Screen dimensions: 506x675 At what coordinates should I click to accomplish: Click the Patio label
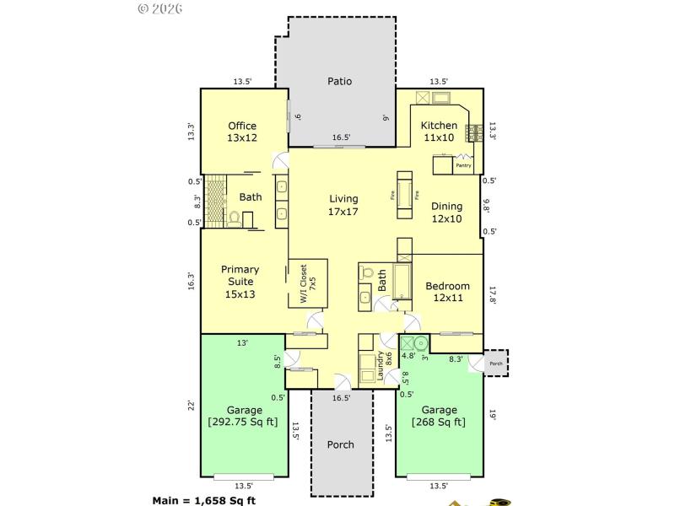point(340,82)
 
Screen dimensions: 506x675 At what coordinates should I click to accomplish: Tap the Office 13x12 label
point(242,132)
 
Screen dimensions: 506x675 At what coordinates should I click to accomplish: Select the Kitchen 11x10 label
point(440,132)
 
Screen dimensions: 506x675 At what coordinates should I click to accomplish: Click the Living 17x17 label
point(343,205)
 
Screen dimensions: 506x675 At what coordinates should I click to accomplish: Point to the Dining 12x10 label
point(446,212)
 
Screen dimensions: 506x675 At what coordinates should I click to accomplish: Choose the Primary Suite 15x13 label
point(240,282)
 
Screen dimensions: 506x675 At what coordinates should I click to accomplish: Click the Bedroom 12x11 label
point(447,292)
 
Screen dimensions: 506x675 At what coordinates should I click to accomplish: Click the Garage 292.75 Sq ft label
point(244,417)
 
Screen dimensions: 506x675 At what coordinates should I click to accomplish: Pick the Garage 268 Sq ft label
point(438,417)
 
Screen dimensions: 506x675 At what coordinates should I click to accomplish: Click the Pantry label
point(463,165)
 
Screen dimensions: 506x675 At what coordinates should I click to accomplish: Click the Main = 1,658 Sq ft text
point(203,499)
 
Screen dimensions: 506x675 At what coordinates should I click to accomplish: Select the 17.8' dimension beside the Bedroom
point(493,294)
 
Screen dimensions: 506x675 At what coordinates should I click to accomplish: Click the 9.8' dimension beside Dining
point(486,206)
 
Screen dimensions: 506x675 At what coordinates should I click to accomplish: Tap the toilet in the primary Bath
point(235,218)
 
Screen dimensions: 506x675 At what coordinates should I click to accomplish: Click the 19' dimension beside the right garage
point(493,414)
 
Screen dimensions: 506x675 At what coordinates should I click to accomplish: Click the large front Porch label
point(340,444)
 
